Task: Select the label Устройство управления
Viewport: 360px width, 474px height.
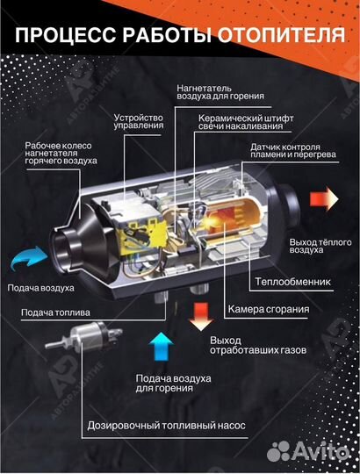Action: pos(139,121)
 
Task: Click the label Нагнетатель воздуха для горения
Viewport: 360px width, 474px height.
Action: pos(220,93)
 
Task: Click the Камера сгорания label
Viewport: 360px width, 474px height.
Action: pos(267,309)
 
